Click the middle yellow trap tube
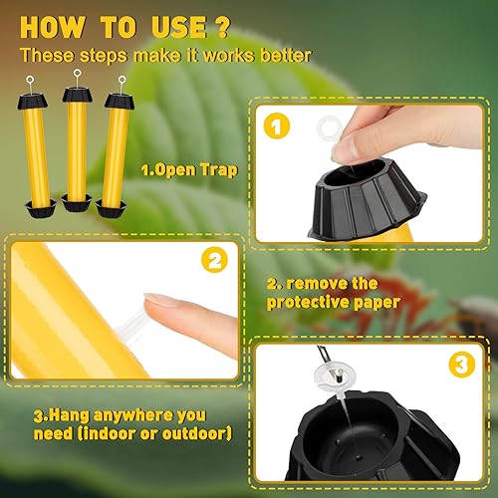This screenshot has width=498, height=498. [76, 145]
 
